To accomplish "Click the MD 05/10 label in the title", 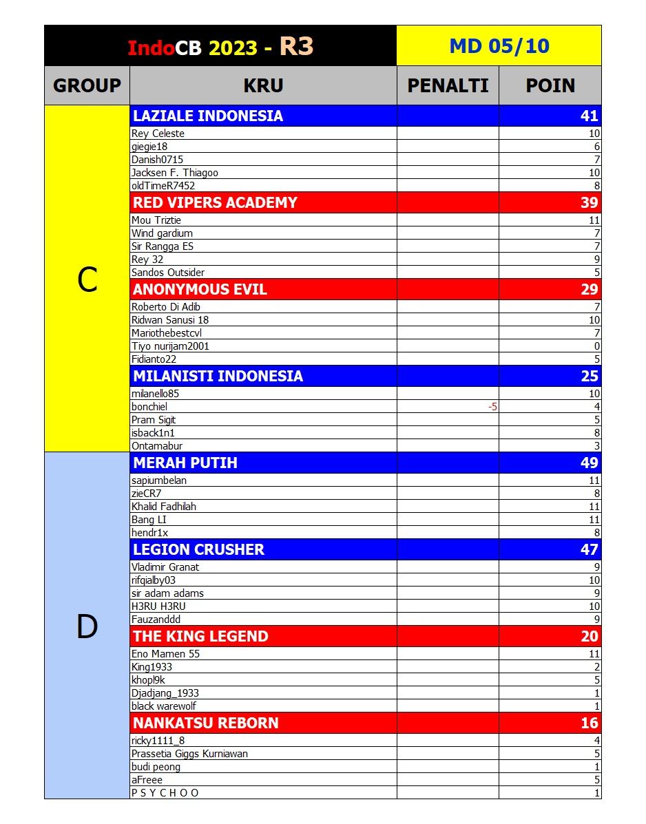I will [x=499, y=46].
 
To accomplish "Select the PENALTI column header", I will [x=448, y=85].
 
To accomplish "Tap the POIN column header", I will [x=550, y=85].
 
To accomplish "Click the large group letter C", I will [x=87, y=280].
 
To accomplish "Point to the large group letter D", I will [x=87, y=627].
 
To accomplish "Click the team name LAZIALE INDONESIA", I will [x=208, y=116].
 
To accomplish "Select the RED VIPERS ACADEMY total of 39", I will [x=590, y=202].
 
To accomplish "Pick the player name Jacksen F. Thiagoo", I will [x=175, y=173].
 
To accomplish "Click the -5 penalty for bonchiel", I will [x=492, y=407].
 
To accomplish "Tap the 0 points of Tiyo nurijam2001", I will [x=596, y=346].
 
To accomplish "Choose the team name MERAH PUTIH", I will [x=185, y=463].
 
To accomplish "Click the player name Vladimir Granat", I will [x=165, y=567].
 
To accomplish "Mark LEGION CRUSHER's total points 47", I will [x=590, y=549].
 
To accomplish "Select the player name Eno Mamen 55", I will [x=165, y=654].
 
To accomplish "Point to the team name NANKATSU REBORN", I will [x=206, y=723].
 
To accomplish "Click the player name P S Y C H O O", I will [x=165, y=793].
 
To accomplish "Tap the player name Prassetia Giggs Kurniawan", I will [x=189, y=754].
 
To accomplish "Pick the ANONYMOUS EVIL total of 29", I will [x=590, y=289].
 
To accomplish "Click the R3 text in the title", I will [x=297, y=46].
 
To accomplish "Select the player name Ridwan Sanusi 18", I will [x=170, y=320].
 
